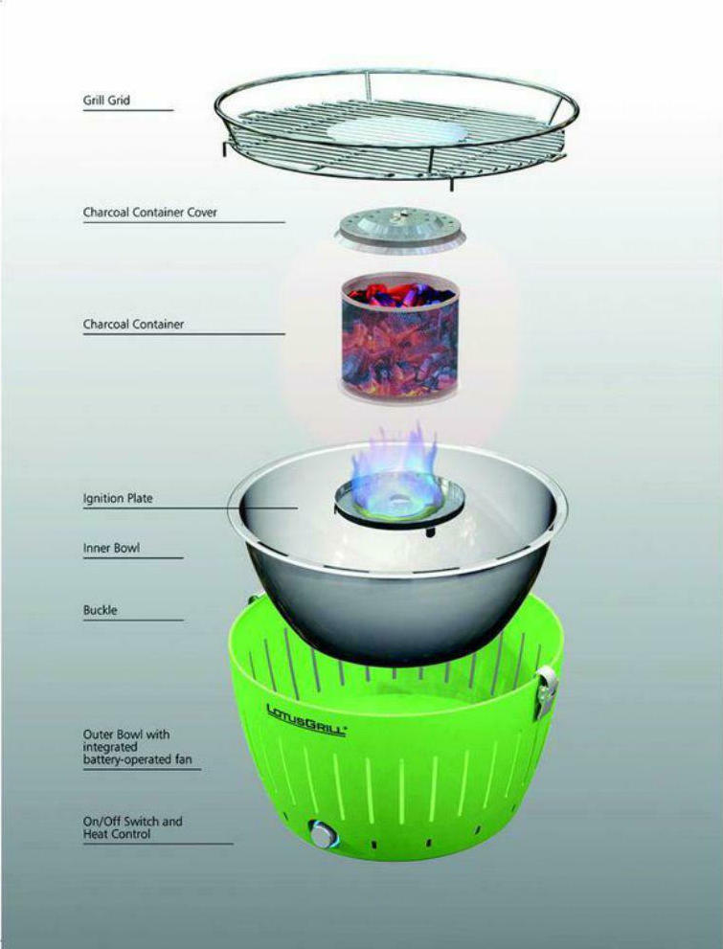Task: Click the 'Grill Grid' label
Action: [106, 100]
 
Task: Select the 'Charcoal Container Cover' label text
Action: [150, 213]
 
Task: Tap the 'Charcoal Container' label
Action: [133, 324]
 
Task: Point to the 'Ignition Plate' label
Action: [118, 499]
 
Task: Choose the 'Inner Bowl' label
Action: [111, 549]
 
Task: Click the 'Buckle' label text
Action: [100, 610]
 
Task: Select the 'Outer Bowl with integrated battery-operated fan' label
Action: [137, 747]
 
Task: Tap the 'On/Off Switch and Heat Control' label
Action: [132, 827]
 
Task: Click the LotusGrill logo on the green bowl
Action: [306, 720]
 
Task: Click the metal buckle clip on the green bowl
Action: [547, 691]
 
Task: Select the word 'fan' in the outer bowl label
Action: [183, 759]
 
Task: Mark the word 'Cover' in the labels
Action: [202, 213]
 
